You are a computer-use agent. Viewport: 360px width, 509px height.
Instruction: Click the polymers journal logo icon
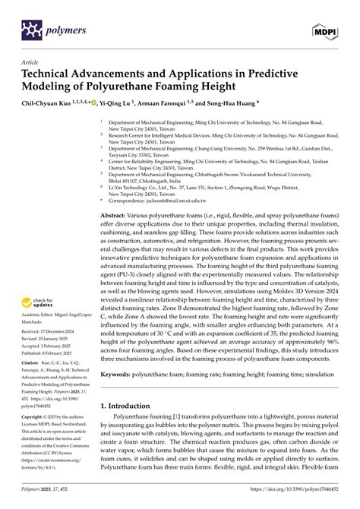[29, 30]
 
